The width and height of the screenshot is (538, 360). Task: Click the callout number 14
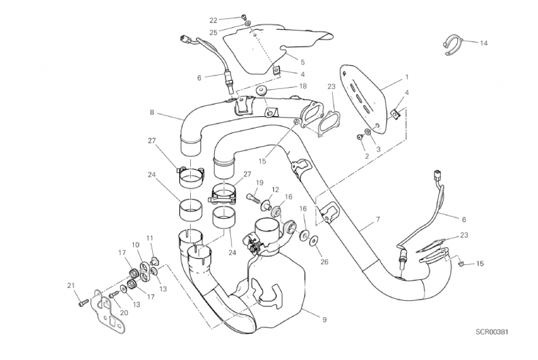(x=484, y=43)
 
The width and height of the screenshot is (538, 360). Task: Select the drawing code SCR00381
(x=492, y=332)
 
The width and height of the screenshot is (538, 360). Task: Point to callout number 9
(x=324, y=319)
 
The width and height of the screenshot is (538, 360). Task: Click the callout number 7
(x=378, y=219)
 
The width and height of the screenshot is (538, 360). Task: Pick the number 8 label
(x=152, y=112)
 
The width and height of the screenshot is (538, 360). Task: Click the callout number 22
(x=213, y=20)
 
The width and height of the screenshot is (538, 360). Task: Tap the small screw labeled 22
(x=244, y=16)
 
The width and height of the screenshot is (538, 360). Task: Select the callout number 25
(x=213, y=33)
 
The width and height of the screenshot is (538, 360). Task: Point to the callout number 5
(x=303, y=62)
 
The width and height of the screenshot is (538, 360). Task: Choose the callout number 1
(x=407, y=77)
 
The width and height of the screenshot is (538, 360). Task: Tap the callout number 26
(x=324, y=262)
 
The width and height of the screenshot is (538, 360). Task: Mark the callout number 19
(x=259, y=183)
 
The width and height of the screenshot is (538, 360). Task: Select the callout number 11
(x=149, y=238)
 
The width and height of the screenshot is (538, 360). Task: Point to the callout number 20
(x=124, y=312)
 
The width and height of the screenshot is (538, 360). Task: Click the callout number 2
(x=367, y=156)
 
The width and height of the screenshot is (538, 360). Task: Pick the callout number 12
(x=276, y=190)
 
